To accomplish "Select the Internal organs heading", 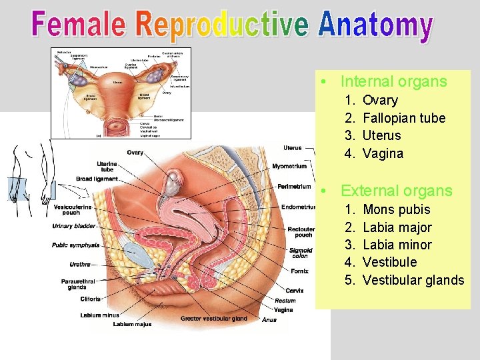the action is (393, 81).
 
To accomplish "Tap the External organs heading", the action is (396, 191).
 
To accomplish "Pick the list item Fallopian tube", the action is (403, 118).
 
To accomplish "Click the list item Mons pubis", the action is (396, 210).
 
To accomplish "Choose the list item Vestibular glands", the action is (413, 280).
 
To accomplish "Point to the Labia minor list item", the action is (397, 245).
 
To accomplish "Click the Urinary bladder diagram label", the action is (74, 227).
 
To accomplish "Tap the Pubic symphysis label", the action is (75, 245).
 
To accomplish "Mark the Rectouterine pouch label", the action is (301, 231).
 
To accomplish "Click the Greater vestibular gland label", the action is (213, 319).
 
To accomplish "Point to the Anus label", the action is (269, 320).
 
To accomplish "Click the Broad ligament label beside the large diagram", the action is (97, 179).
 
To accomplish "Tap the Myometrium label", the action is (289, 166).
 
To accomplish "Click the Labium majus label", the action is (132, 324).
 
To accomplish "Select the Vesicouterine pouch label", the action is (69, 209).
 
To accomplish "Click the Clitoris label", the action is (90, 299).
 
